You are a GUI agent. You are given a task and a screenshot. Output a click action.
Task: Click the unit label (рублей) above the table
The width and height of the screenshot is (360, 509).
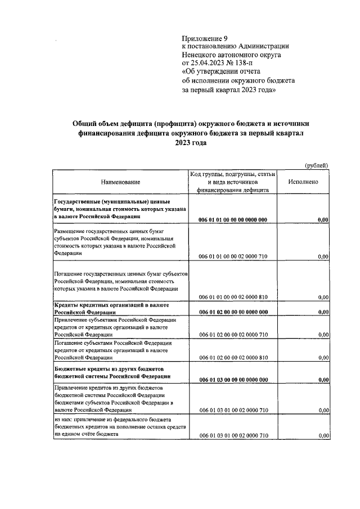click(x=316, y=165)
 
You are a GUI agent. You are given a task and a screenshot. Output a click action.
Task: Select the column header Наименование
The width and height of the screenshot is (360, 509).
click(x=120, y=182)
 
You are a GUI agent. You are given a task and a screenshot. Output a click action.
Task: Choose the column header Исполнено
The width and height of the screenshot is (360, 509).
click(x=303, y=182)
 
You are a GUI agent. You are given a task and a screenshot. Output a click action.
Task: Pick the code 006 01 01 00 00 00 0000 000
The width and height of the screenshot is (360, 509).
click(x=232, y=220)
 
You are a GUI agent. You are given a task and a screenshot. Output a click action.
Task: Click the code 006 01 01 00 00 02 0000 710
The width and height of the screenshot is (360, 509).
click(x=232, y=257)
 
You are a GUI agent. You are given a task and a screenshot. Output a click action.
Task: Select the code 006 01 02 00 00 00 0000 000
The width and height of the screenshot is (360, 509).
click(x=232, y=312)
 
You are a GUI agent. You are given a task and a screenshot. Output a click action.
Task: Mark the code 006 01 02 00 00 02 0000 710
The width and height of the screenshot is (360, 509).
click(x=232, y=335)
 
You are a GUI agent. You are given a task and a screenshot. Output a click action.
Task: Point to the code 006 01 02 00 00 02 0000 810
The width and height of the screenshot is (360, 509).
click(x=232, y=358)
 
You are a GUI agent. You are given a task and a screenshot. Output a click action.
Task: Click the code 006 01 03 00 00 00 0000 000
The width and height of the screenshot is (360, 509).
click(x=232, y=380)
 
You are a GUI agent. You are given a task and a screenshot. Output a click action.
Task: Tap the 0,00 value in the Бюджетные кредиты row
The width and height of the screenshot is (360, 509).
click(x=323, y=380)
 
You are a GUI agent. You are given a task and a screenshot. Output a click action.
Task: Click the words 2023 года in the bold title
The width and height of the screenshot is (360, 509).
click(x=191, y=143)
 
